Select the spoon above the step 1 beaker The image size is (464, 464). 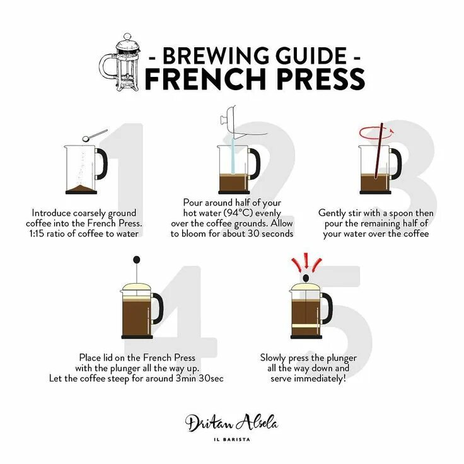tap(95, 135)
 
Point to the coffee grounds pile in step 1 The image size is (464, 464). tap(81, 188)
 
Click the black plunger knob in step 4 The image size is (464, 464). tap(136, 260)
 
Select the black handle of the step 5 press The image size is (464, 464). tap(328, 308)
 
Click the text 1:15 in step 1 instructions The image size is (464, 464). tap(37, 234)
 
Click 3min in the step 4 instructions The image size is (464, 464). tap(185, 378)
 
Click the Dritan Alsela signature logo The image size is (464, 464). tap(232, 423)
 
